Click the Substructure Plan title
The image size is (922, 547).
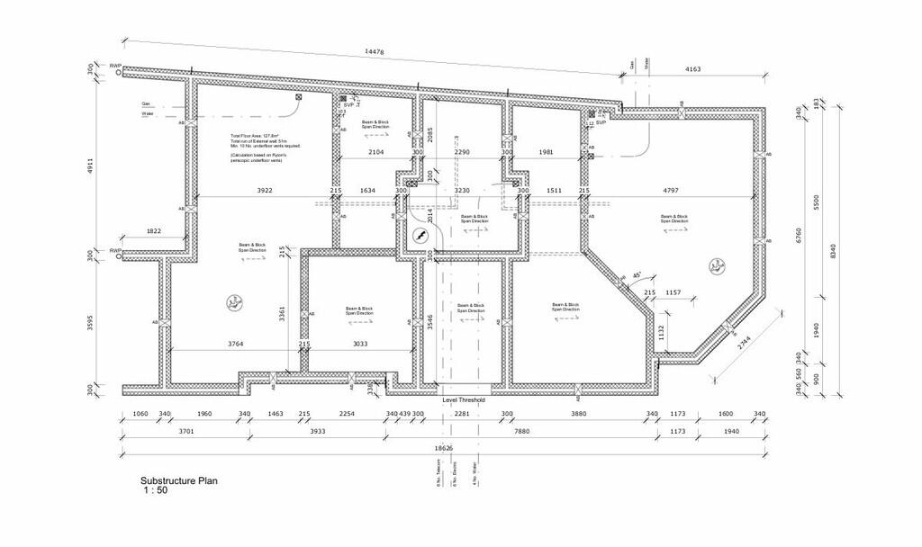click(x=178, y=481)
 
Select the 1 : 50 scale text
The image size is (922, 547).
click(x=156, y=491)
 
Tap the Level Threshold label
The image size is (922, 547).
click(x=464, y=399)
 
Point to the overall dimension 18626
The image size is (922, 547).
click(x=442, y=448)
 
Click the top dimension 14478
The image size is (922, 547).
click(x=374, y=52)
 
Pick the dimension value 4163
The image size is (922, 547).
click(x=694, y=69)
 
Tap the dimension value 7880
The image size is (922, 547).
click(x=521, y=432)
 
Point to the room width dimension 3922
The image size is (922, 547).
click(x=265, y=191)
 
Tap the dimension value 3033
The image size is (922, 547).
click(x=359, y=344)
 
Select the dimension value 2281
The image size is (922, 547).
click(x=462, y=414)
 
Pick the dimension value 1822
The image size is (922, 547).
click(x=154, y=231)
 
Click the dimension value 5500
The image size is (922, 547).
click(x=818, y=203)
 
